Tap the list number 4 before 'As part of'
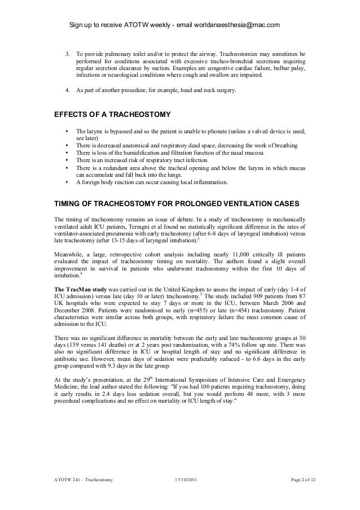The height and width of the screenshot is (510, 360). coord(68,90)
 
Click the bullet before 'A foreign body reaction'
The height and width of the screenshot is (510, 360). coord(68,182)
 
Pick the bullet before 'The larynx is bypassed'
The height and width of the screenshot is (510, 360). coord(68,130)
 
